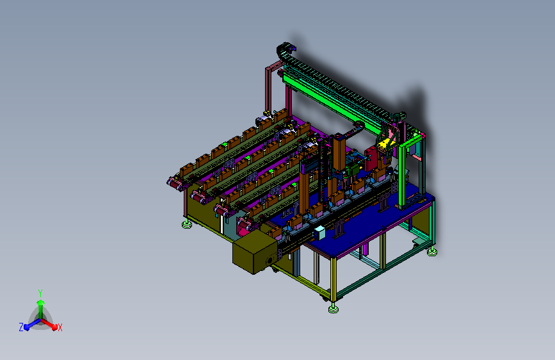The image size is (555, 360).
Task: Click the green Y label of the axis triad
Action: pyautogui.click(x=40, y=293)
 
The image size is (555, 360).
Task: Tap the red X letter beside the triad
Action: pyautogui.click(x=60, y=328)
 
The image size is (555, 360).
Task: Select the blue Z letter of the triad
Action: pyautogui.click(x=21, y=327)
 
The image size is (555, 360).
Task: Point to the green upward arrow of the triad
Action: pyautogui.click(x=41, y=309)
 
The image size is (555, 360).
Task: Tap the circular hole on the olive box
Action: pyautogui.click(x=270, y=261)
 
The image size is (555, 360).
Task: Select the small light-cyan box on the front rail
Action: pyautogui.click(x=319, y=233)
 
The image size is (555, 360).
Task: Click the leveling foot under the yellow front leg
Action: pyautogui.click(x=333, y=309)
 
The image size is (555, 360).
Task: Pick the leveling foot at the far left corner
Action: pyautogui.click(x=187, y=224)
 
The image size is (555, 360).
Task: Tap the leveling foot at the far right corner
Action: pyautogui.click(x=432, y=252)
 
